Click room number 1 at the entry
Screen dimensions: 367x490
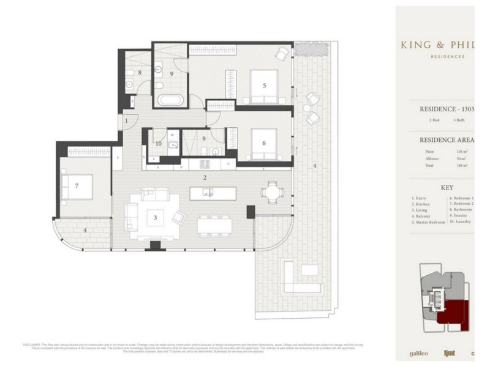(126, 121)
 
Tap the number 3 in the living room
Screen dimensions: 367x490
(156, 217)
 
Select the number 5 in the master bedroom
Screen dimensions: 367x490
(264, 86)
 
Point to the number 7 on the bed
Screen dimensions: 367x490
(77, 185)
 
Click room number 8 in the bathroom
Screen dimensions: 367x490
(140, 73)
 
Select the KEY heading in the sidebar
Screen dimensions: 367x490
(447, 190)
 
